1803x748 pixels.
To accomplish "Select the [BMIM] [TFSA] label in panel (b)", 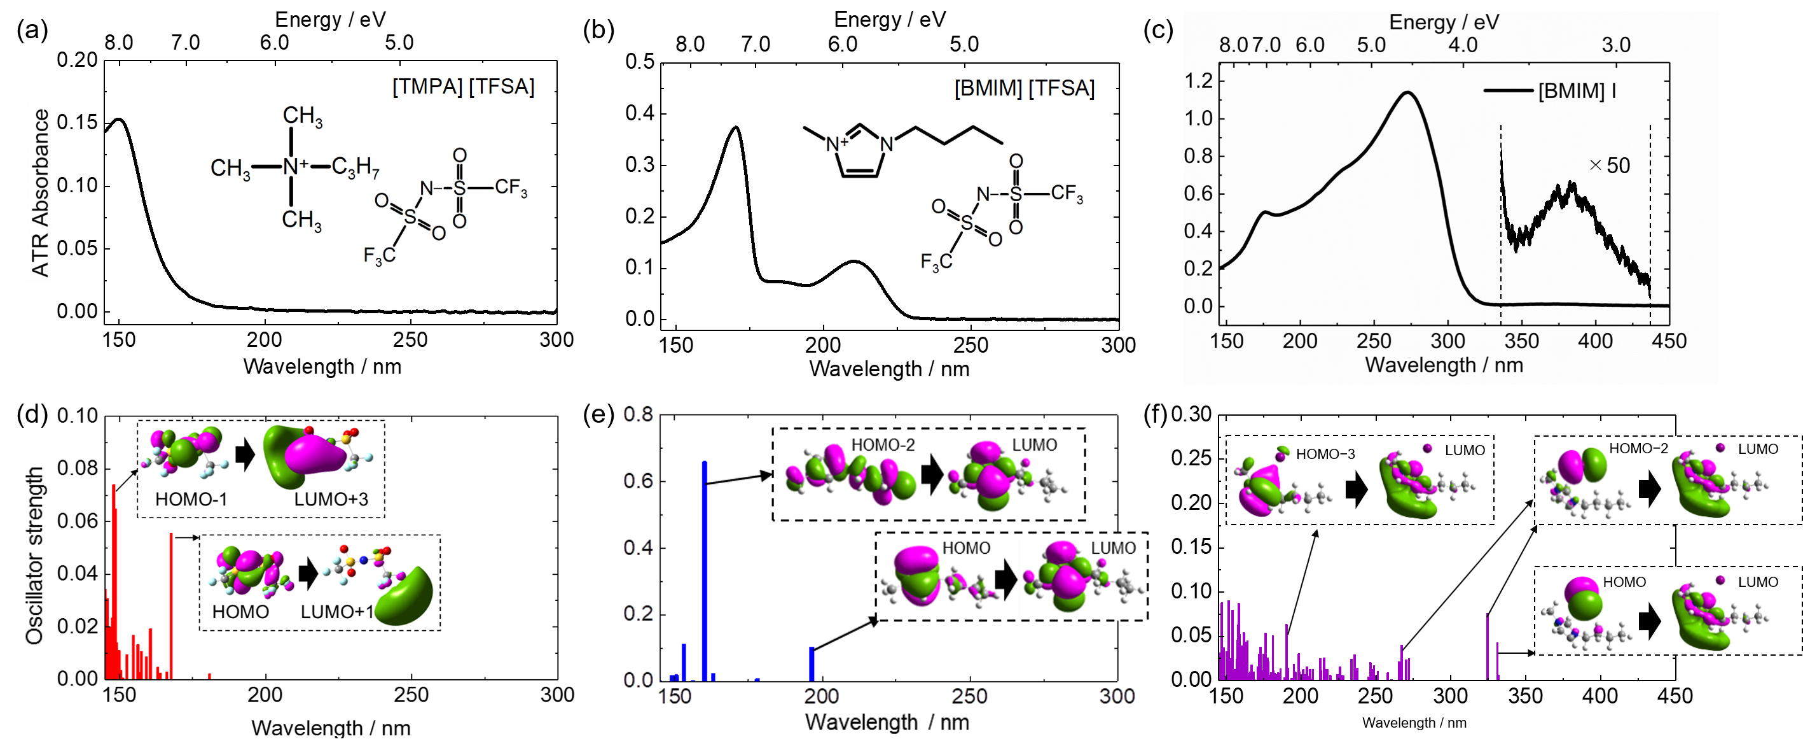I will (1024, 89).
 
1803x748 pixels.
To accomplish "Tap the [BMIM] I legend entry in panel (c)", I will (1576, 91).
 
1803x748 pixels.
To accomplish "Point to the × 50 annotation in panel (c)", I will (1609, 166).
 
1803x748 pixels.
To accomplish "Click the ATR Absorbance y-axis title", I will (41, 193).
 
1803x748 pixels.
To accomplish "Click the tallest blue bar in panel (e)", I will (704, 571).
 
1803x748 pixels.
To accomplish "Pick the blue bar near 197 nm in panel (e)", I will (812, 663).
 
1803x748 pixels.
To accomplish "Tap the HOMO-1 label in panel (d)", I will (191, 499).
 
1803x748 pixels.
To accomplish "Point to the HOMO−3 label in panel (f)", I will (1325, 455).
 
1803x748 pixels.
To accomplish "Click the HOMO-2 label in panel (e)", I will (883, 445).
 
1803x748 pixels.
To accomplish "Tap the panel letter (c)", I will (1157, 32).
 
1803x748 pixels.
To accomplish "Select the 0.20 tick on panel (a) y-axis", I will (77, 60).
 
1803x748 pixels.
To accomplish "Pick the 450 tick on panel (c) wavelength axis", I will (1669, 341).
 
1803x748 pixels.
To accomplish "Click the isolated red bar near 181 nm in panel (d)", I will (209, 676).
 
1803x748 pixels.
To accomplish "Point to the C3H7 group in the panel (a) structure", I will (355, 167).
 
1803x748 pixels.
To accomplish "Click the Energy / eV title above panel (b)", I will (890, 20).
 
